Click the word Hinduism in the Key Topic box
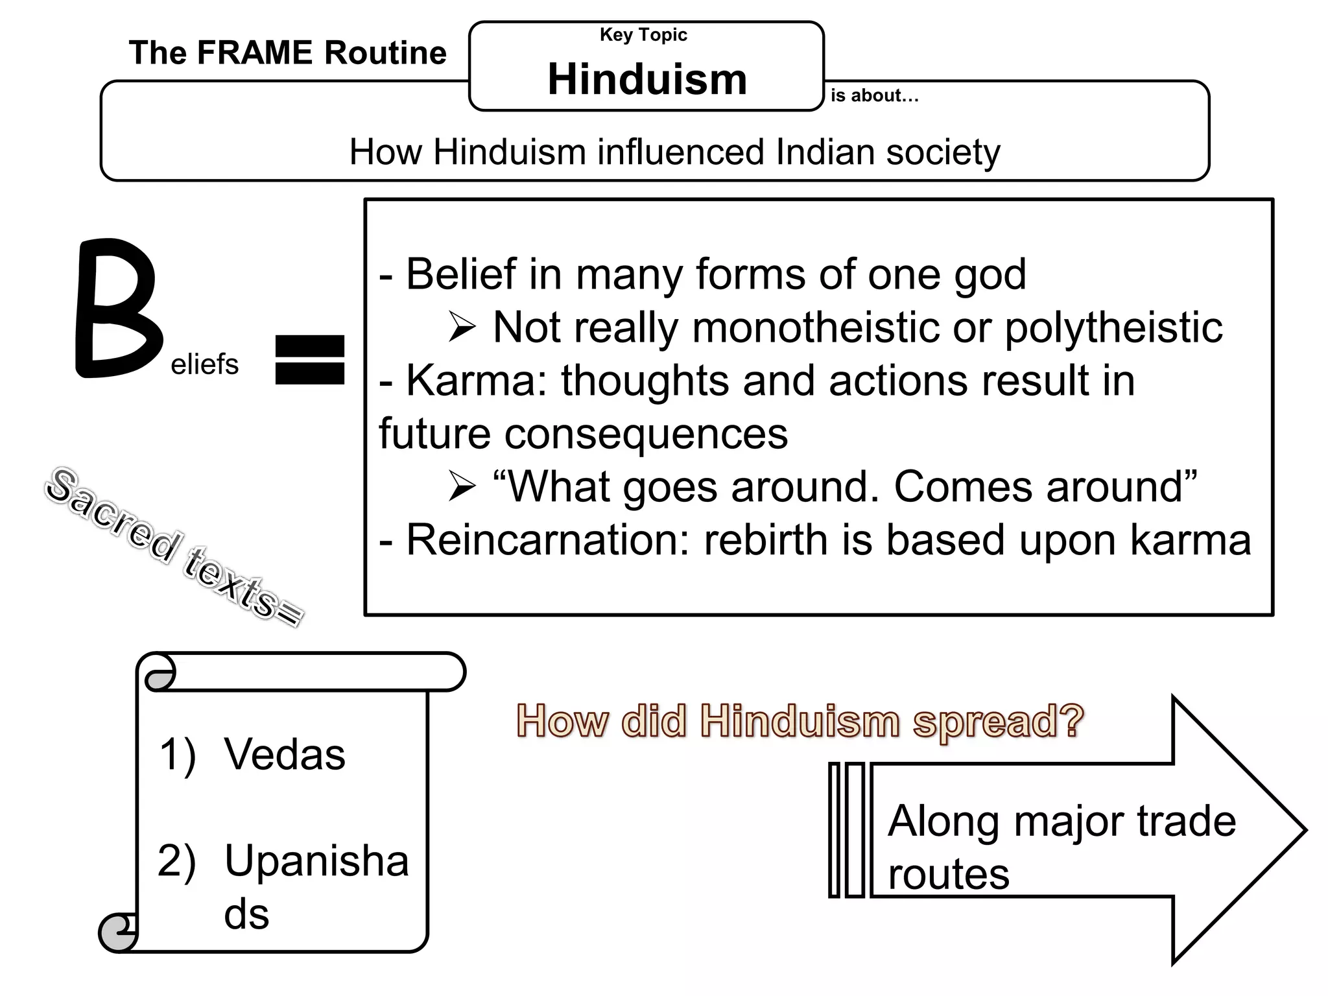pos(647,79)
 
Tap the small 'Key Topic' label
pos(643,35)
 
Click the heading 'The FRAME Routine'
pos(287,53)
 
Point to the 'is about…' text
pos(874,96)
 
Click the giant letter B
pos(117,309)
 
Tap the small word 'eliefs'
pos(204,364)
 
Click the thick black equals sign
pos(309,360)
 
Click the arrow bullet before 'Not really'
pos(462,328)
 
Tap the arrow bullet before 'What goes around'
pos(462,488)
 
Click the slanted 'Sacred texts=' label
pos(174,547)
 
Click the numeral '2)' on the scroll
pos(176,862)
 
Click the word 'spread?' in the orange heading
pos(998,721)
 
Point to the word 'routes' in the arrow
pos(948,874)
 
